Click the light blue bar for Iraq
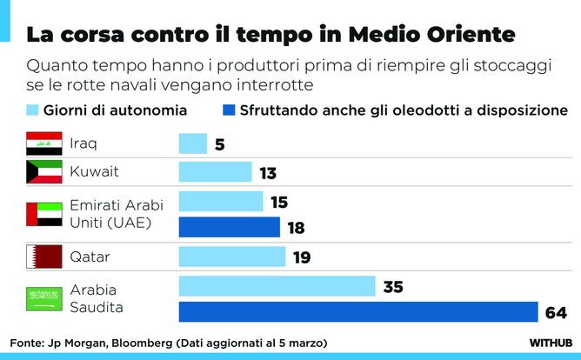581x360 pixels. click(192, 143)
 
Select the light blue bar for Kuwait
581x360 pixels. click(215, 172)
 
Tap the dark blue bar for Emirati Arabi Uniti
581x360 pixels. click(229, 228)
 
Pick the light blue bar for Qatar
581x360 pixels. click(231, 257)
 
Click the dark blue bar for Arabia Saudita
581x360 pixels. click(358, 311)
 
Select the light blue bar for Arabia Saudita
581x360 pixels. click(277, 286)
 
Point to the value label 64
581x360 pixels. click(556, 312)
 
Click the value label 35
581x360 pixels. click(393, 287)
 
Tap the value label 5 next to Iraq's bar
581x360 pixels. click(219, 144)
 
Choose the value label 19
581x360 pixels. click(302, 257)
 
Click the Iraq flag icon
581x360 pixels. click(44, 143)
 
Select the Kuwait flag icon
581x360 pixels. click(44, 172)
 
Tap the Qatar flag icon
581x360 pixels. click(44, 257)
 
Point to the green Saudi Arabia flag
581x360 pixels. click(44, 298)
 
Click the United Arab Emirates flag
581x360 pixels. click(44, 214)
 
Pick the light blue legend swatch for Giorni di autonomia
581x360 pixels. click(34, 110)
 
